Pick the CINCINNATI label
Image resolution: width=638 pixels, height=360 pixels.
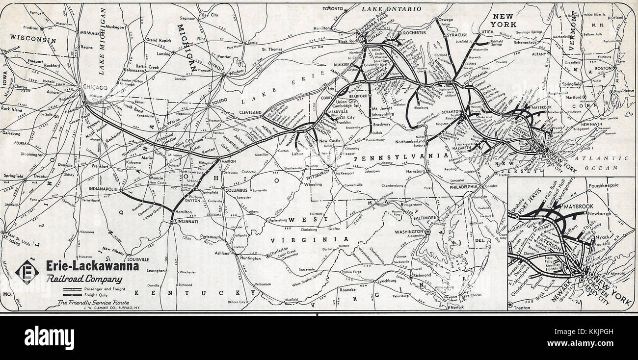pyautogui.click(x=185, y=222)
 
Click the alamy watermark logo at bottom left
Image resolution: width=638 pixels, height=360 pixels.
pyautogui.click(x=49, y=337)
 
